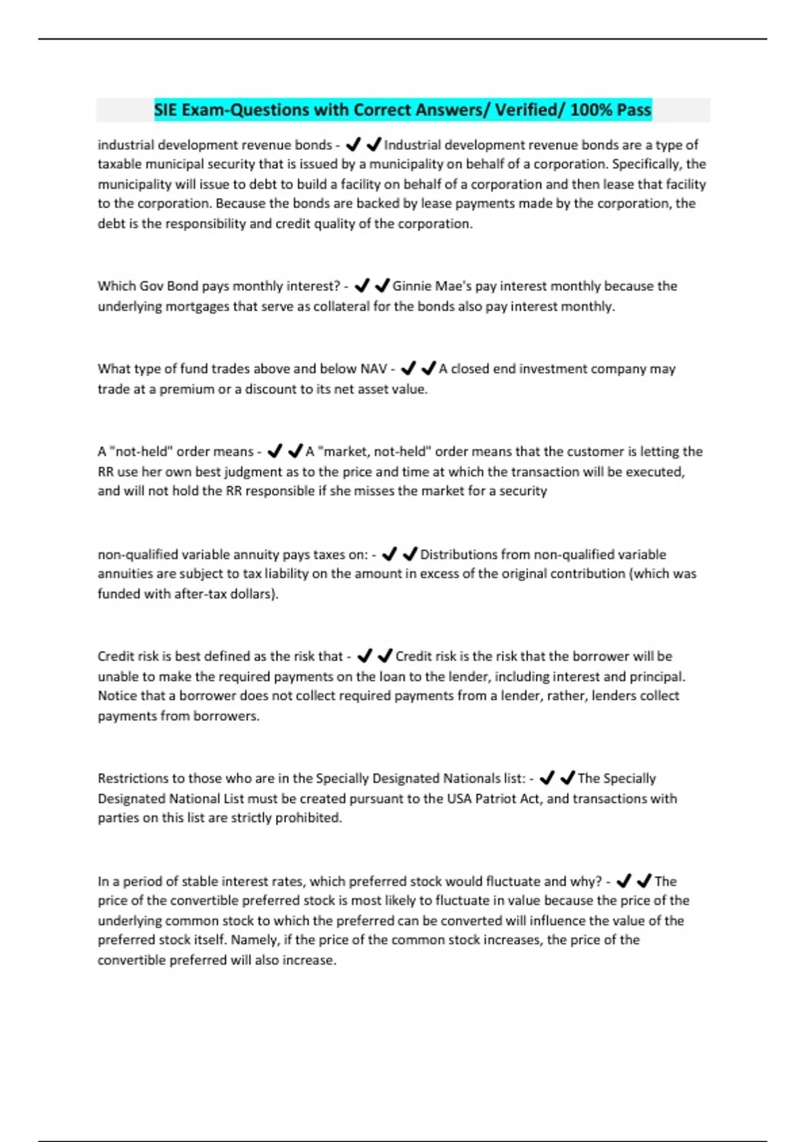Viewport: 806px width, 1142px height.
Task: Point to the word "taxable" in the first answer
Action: tap(121, 165)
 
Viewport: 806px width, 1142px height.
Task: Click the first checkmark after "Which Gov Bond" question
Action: tap(362, 286)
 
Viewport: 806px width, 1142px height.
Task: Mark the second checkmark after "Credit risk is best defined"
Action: tap(385, 656)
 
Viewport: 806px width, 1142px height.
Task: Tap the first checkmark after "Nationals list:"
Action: tap(547, 779)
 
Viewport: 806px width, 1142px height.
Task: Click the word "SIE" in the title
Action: tap(167, 109)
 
